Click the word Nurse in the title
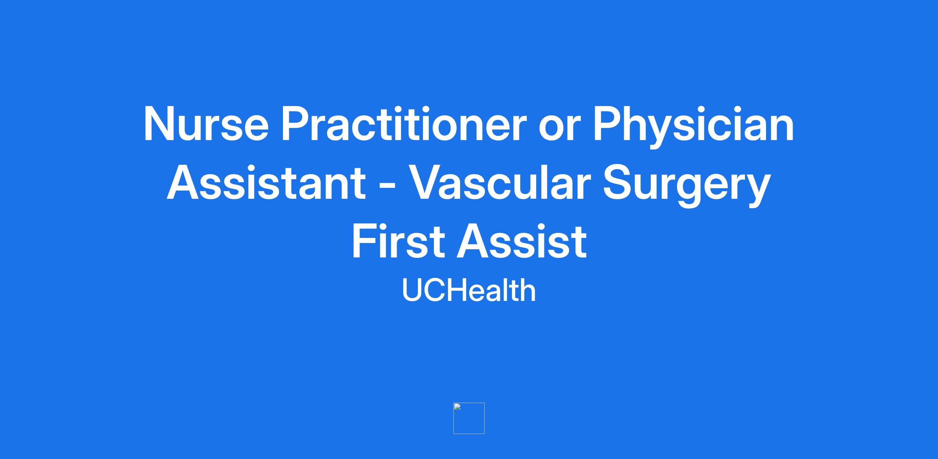tap(206, 124)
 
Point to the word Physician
tap(693, 127)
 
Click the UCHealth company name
tap(469, 290)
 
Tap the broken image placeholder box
tap(469, 418)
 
